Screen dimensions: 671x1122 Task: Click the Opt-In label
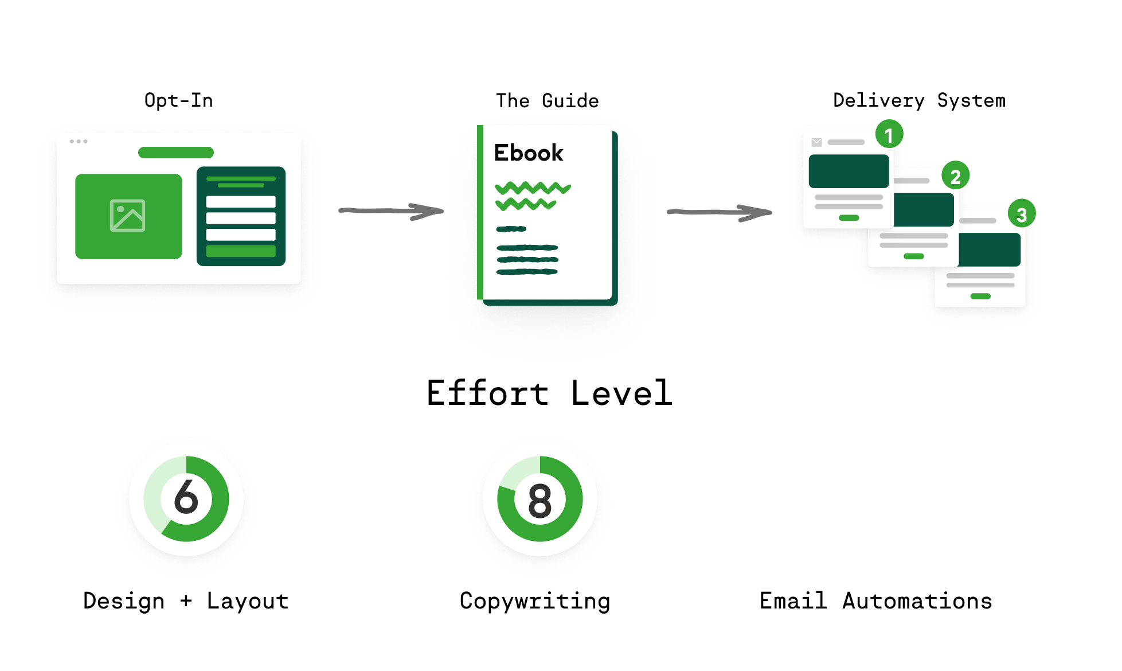[178, 100]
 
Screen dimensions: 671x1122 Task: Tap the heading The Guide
[547, 101]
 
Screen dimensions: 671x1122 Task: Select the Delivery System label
[919, 100]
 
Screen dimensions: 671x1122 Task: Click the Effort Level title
[549, 393]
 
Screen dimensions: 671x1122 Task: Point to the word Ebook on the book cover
[529, 153]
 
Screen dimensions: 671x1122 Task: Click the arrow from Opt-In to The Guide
[391, 211]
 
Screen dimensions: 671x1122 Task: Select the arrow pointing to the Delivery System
[719, 212]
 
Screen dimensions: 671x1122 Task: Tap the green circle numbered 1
[889, 135]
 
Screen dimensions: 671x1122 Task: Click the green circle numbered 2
[955, 176]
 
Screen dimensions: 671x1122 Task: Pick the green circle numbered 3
[1021, 214]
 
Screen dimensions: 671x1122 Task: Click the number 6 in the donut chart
[186, 497]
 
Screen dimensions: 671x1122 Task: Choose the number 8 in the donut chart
[540, 501]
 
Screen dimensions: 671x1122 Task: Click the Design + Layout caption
[186, 601]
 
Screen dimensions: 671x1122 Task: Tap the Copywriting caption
[535, 601]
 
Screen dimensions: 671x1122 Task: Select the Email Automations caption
[875, 601]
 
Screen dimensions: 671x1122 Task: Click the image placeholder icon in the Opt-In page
[128, 216]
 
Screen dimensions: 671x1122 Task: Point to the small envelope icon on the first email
[816, 142]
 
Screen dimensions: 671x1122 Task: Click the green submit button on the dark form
[241, 251]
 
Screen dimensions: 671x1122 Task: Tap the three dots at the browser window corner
[79, 141]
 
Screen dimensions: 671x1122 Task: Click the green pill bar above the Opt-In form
[176, 153]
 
